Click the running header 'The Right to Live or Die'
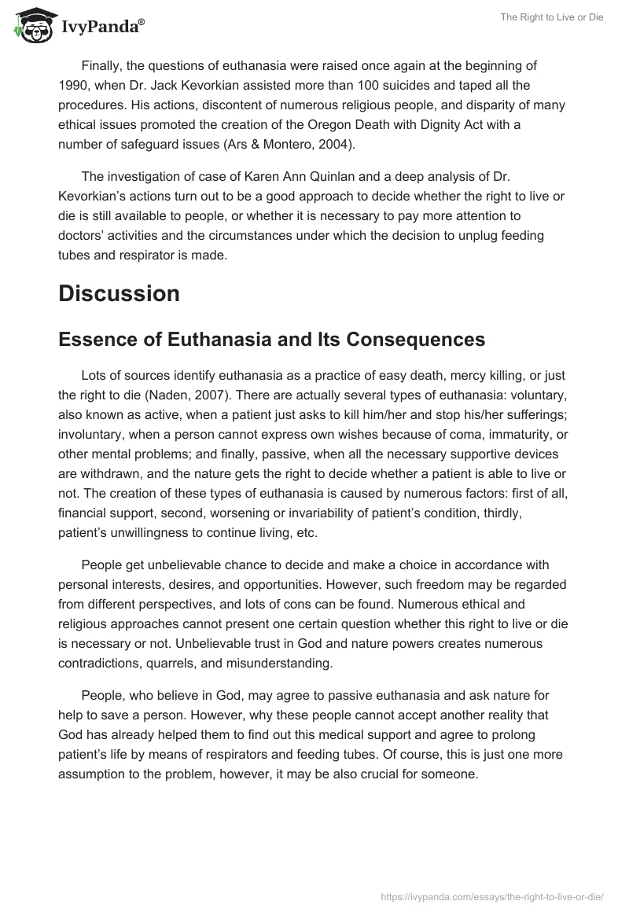tap(551, 17)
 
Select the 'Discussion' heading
tap(119, 293)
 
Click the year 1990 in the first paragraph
tap(73, 85)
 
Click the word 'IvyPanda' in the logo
tap(102, 28)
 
